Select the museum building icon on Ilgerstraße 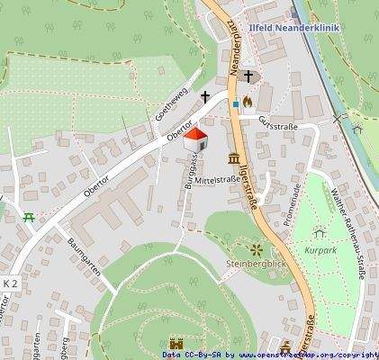pos(235,159)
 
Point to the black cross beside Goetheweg pos(205,95)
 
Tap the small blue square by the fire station pos(235,103)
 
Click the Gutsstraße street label pos(277,121)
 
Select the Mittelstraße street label pos(218,180)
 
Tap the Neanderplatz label pos(233,50)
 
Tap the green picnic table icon pos(30,218)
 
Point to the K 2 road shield pos(10,283)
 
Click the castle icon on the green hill pos(176,343)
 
